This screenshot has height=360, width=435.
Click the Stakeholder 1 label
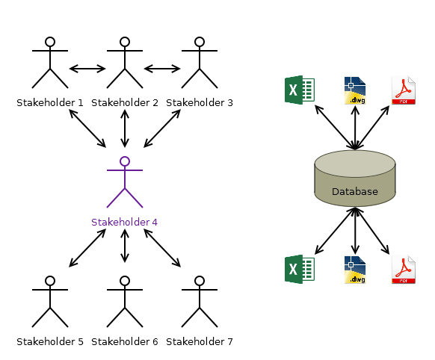point(50,102)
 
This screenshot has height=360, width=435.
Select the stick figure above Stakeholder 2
point(125,63)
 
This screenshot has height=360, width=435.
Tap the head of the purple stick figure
point(125,161)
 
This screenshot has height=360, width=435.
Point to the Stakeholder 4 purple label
point(125,222)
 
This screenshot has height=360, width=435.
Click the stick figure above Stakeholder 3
point(200,63)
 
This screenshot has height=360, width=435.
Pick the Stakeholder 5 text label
point(50,341)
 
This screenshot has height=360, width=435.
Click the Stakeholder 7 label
point(200,341)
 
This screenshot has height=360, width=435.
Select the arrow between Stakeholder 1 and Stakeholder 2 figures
point(87,69)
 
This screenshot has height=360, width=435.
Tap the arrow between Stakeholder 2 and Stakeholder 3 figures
point(162,69)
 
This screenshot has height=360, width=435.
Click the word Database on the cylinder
point(355,192)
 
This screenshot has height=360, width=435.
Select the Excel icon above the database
point(299,90)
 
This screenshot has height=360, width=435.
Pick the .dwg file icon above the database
point(355,90)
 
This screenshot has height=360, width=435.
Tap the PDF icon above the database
point(404,90)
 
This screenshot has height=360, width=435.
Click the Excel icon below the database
point(299,269)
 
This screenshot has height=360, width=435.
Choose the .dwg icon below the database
point(355,269)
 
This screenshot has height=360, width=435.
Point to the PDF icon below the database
point(404,269)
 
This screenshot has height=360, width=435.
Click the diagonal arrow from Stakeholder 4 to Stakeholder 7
point(162,247)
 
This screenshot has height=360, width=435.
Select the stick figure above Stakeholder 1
point(50,63)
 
